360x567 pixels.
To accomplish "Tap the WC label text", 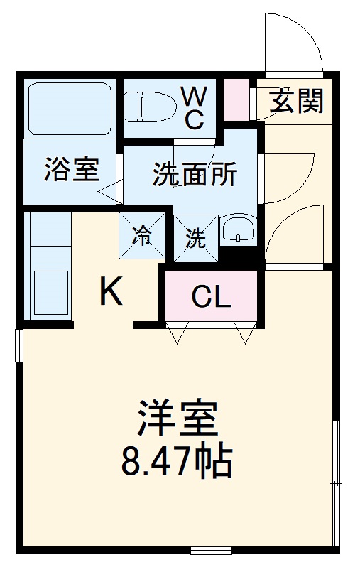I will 192,107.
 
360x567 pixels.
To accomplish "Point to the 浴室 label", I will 71,171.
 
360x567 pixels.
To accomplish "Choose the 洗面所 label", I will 195,173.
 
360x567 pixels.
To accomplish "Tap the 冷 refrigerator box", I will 143,237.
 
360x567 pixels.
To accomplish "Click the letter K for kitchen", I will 111,291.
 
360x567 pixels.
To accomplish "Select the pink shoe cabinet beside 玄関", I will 237,99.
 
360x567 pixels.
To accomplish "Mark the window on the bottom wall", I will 211,550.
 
